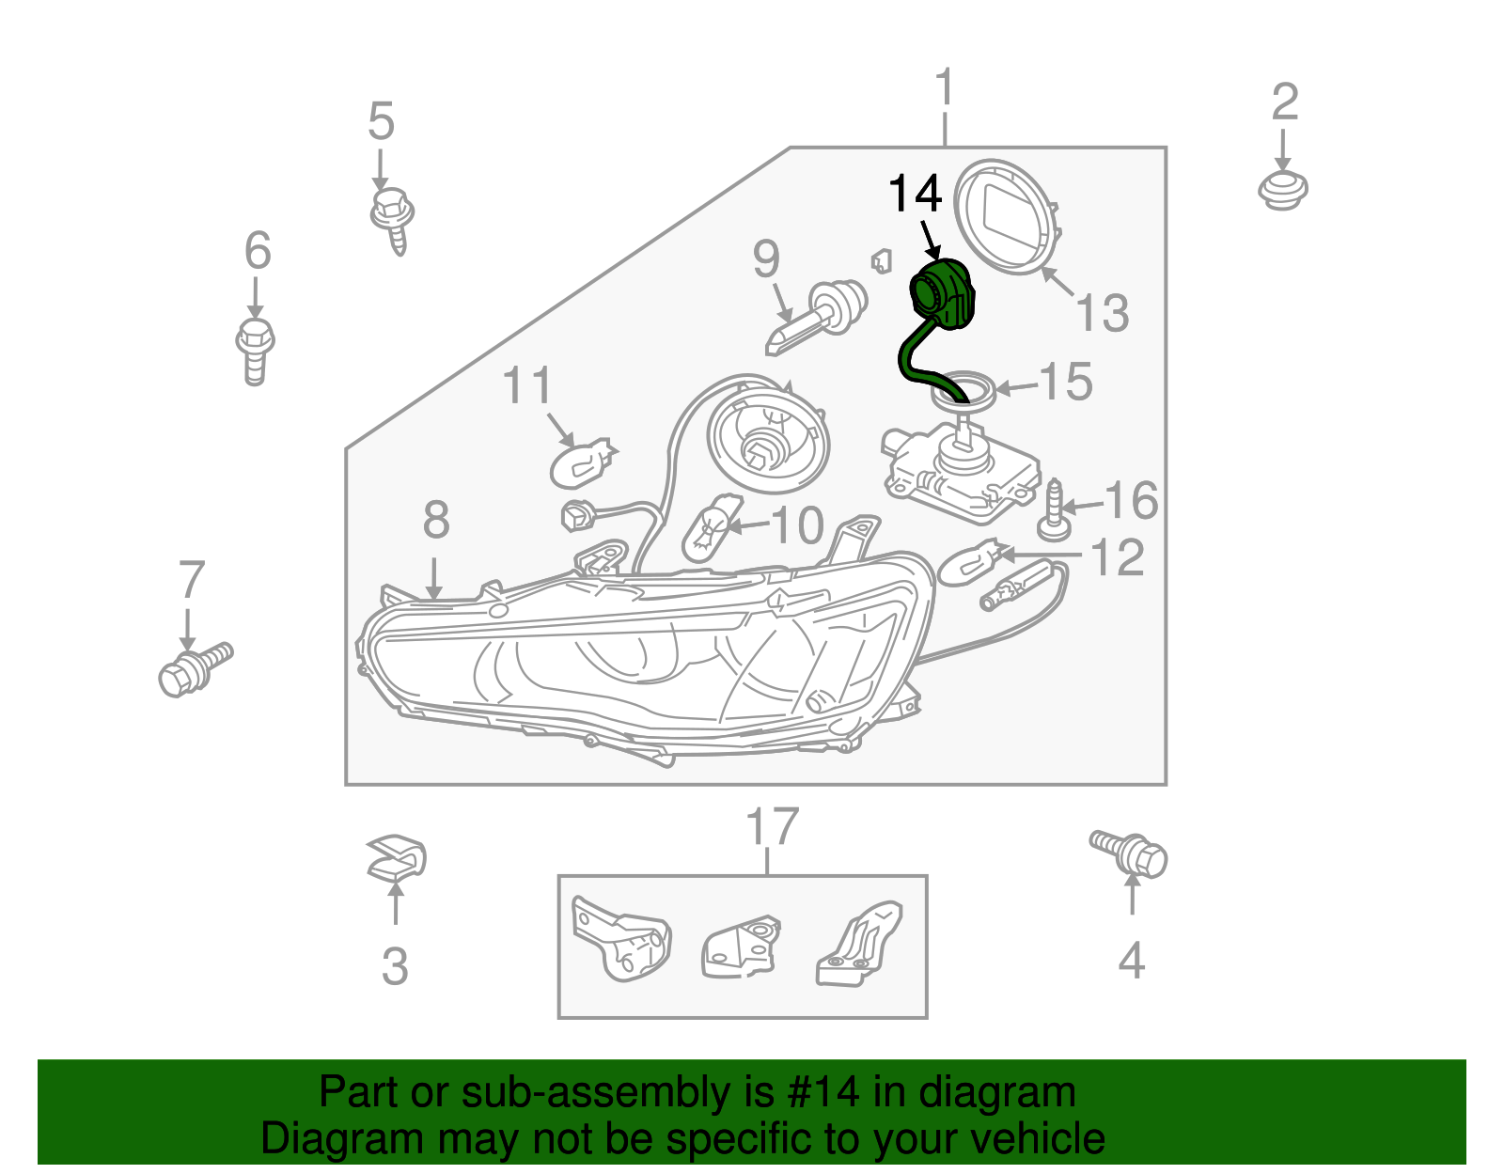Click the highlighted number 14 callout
tap(915, 195)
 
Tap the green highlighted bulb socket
tap(943, 295)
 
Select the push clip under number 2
tap(1282, 190)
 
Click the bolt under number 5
tap(392, 216)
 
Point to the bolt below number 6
tap(255, 350)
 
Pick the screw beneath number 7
tap(193, 667)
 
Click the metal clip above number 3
tap(396, 857)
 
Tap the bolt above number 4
tap(1131, 853)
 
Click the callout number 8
tap(435, 520)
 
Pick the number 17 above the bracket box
tap(772, 826)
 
